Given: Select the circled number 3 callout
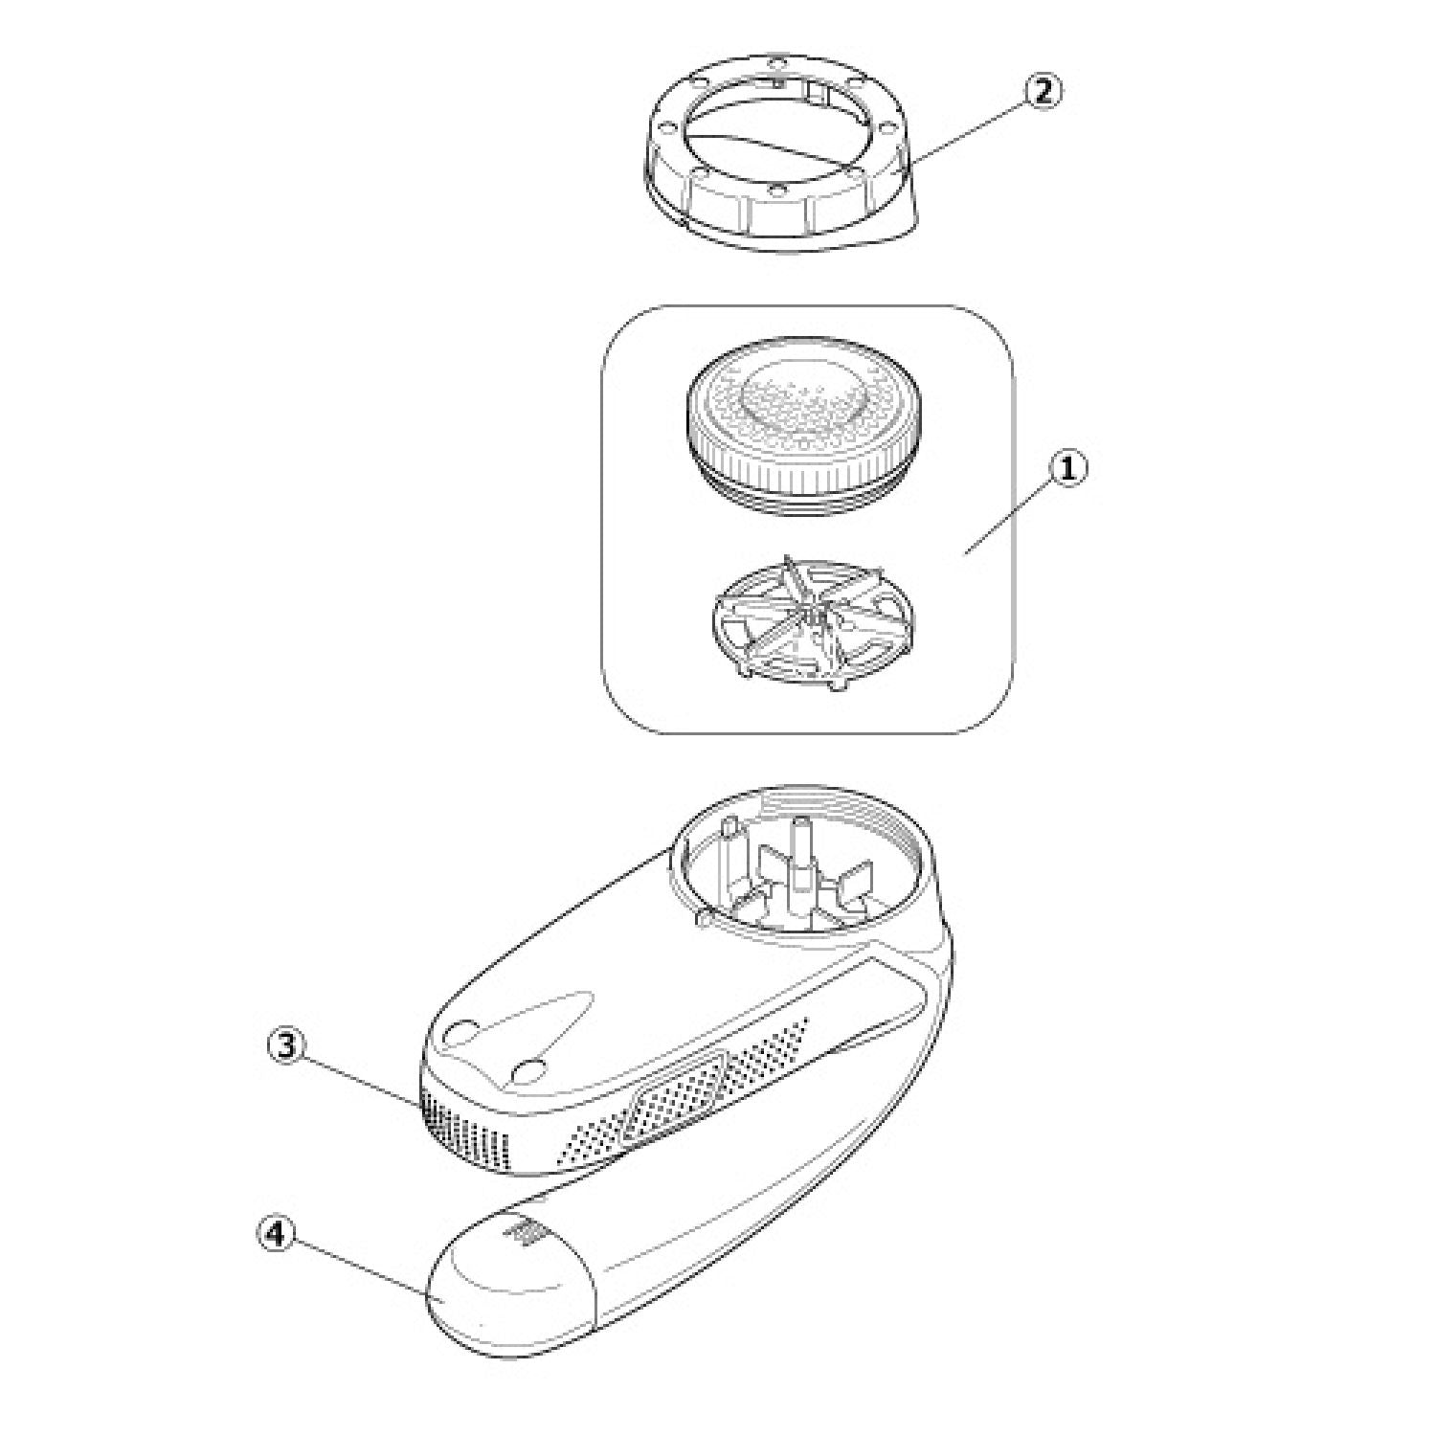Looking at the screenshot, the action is click(x=286, y=1046).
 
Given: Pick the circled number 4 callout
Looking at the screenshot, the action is click(x=276, y=1235).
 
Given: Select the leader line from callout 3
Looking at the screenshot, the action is click(x=360, y=1083).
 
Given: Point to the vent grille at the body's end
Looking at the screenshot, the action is click(x=465, y=1130).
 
